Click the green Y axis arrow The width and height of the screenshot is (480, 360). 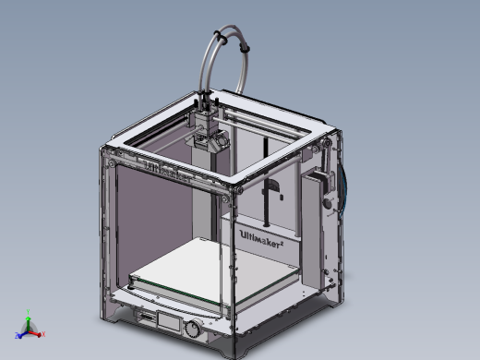[28, 323]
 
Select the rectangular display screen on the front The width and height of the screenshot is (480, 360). [169, 323]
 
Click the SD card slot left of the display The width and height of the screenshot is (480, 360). [147, 318]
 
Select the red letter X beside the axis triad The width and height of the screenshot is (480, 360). [42, 334]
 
